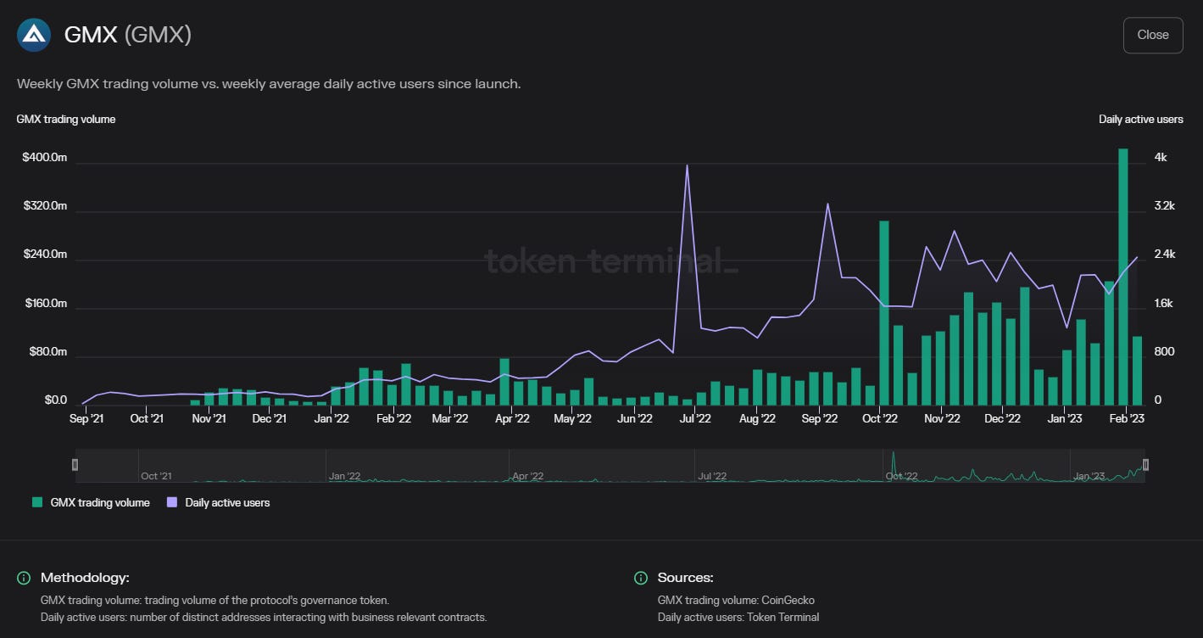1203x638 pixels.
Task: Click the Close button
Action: [x=1152, y=35]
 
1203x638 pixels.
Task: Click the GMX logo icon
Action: [x=34, y=35]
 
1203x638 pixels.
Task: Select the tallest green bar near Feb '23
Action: [x=1123, y=277]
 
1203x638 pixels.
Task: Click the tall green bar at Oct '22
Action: [x=884, y=313]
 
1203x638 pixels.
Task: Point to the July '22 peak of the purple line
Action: [x=687, y=165]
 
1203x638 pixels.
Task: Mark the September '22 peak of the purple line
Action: [x=827, y=204]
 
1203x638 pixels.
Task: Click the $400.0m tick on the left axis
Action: [x=45, y=158]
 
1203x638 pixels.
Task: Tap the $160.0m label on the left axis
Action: [x=46, y=303]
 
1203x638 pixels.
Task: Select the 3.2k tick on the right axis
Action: [x=1164, y=206]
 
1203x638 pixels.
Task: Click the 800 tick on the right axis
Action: [x=1164, y=351]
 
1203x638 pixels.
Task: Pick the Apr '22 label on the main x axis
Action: [x=512, y=419]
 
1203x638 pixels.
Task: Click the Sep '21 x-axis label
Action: [x=86, y=419]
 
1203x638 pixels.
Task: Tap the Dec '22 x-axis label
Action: [x=1002, y=419]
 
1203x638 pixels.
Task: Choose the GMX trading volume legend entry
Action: [x=91, y=502]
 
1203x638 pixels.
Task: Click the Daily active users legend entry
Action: [x=218, y=502]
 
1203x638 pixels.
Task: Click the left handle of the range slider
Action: [x=75, y=464]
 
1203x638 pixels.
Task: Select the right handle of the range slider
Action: [x=1145, y=464]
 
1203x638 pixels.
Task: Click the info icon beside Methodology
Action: [x=24, y=578]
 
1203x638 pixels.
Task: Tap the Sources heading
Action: [x=685, y=578]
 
